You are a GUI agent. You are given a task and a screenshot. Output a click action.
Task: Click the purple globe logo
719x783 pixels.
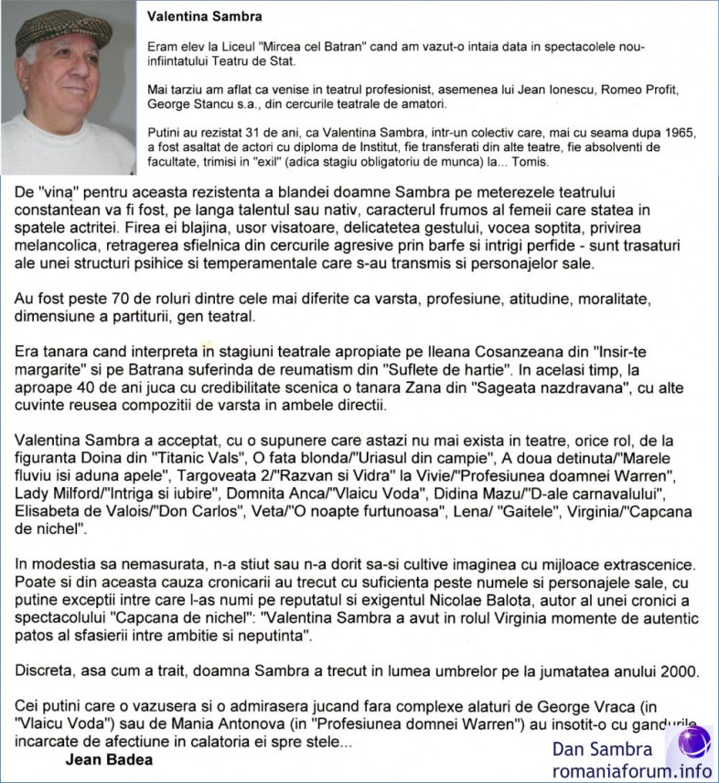click(692, 742)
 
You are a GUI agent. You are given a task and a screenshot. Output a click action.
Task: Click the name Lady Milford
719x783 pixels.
click(61, 495)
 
